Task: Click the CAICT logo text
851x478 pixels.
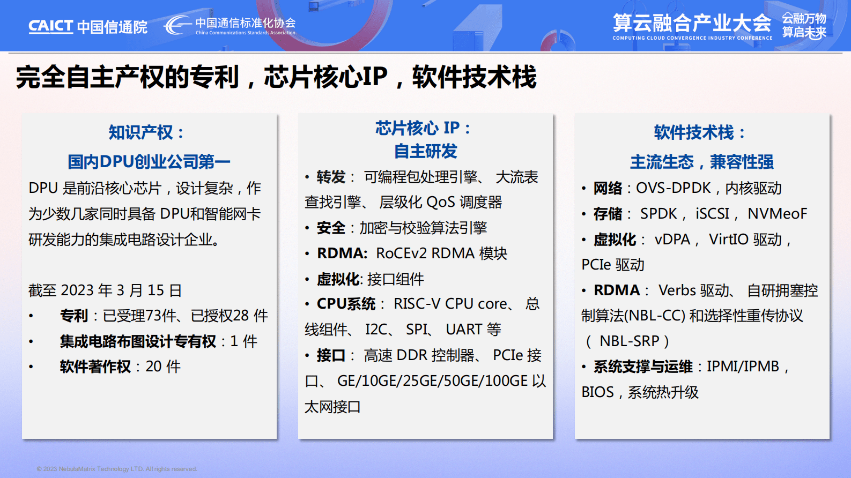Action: pos(50,26)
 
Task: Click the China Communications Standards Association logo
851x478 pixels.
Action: pos(231,26)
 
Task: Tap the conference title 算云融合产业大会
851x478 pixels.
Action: pos(692,23)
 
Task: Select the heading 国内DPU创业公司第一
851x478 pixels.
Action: pos(149,161)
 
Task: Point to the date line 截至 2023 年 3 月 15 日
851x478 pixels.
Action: pos(105,290)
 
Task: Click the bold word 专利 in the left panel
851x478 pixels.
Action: pos(74,316)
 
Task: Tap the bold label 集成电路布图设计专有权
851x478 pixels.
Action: pos(138,341)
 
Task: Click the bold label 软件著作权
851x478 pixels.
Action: pos(95,367)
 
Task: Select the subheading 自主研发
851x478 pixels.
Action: pos(425,151)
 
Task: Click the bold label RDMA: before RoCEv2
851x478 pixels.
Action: pos(342,253)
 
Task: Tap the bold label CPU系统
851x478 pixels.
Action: pos(346,304)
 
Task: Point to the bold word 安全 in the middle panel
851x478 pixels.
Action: pos(331,228)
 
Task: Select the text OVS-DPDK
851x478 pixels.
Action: pos(673,188)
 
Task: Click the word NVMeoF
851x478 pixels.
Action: pos(777,214)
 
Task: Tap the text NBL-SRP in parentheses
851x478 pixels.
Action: pos(630,341)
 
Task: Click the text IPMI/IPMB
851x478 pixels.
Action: pos(743,367)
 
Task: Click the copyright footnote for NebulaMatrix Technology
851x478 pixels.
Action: pos(117,469)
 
